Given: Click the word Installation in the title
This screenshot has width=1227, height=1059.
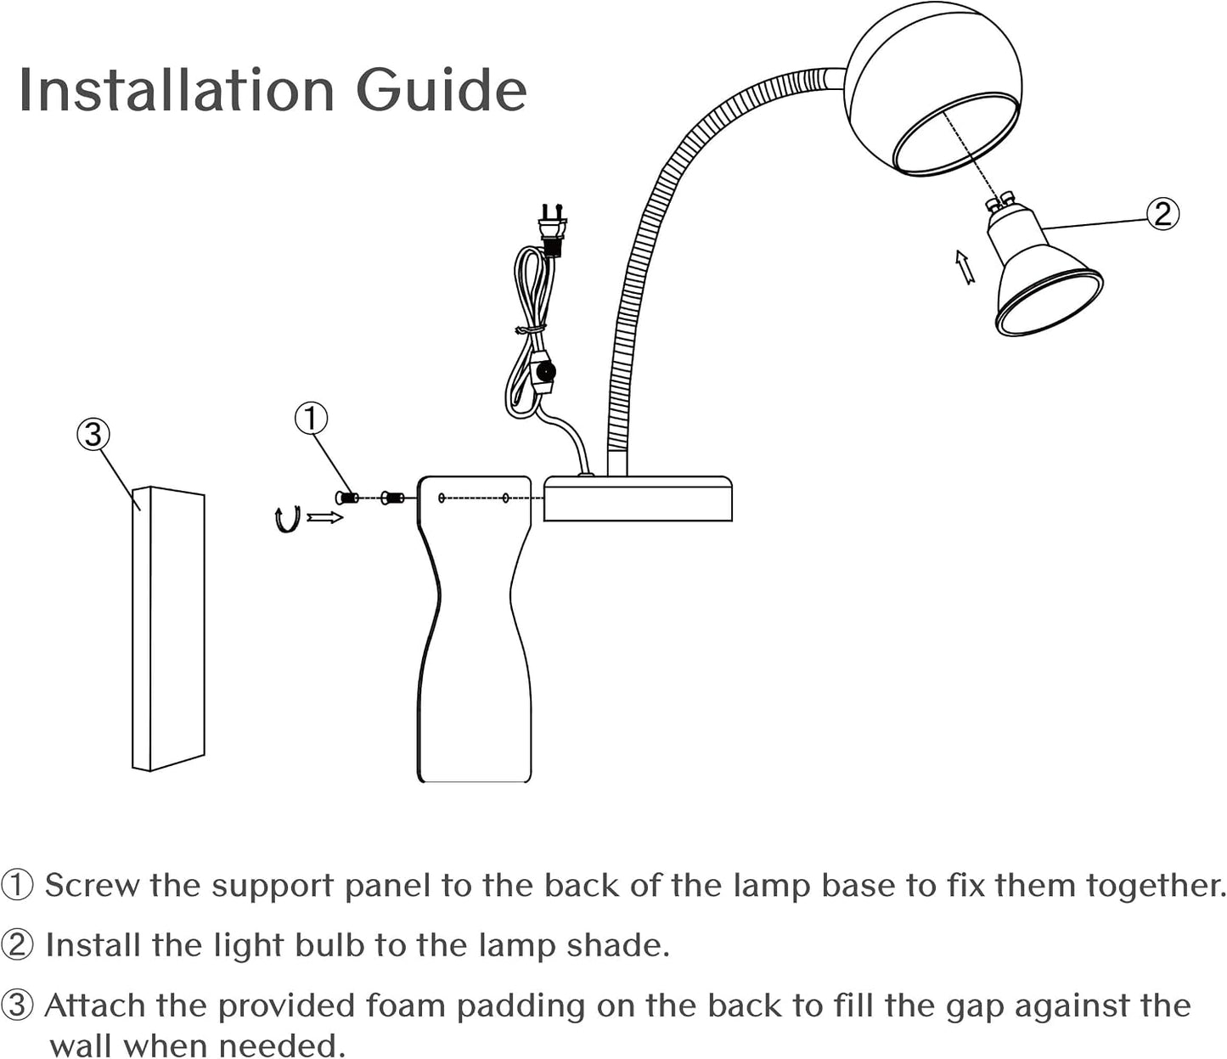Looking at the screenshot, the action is pyautogui.click(x=177, y=90).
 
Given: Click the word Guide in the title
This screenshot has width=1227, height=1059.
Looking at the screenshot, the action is pyautogui.click(x=442, y=90).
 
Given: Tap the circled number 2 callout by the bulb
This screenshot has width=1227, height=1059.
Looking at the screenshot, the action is pyautogui.click(x=1162, y=214).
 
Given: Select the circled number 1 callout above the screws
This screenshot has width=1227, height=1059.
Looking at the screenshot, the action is pyautogui.click(x=311, y=418).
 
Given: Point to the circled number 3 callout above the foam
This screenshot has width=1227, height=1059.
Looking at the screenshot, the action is pyautogui.click(x=93, y=434).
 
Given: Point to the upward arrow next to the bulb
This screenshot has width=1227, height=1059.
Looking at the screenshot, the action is pyautogui.click(x=965, y=268).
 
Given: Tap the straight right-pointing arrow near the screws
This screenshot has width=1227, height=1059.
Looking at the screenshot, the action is pyautogui.click(x=325, y=518).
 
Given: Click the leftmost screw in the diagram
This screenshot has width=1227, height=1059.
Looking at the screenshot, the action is pyautogui.click(x=348, y=498).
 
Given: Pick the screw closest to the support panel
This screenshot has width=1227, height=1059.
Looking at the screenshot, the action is pyautogui.click(x=393, y=498).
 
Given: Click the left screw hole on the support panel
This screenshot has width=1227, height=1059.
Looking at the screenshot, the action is pyautogui.click(x=442, y=498).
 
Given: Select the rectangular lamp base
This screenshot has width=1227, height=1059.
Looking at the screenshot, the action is pyautogui.click(x=638, y=498).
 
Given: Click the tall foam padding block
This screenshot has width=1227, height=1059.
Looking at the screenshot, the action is pyautogui.click(x=169, y=628).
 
